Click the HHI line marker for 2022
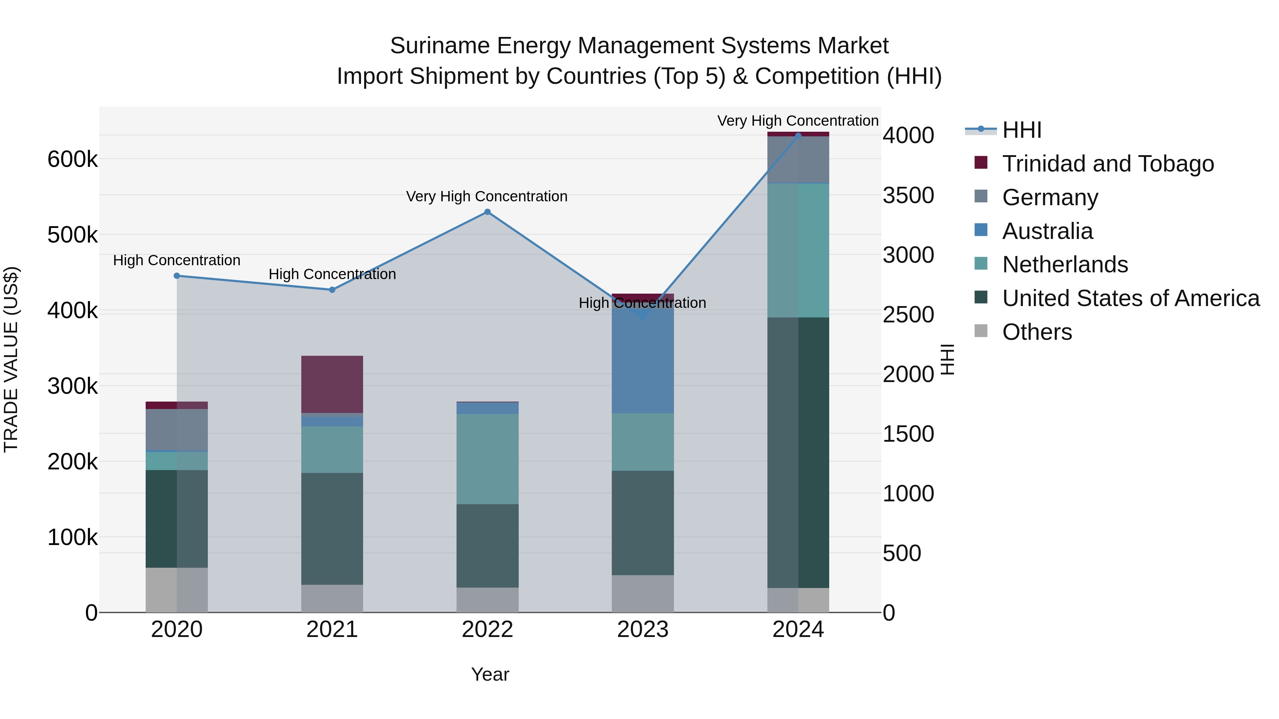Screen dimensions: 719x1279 click(x=487, y=212)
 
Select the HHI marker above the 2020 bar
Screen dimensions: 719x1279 click(x=177, y=276)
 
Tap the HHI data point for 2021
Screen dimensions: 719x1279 click(x=332, y=290)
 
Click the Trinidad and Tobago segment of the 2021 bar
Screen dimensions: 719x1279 click(x=332, y=384)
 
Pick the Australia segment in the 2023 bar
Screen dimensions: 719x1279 click(x=642, y=362)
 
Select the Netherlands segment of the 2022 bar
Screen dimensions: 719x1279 click(x=487, y=459)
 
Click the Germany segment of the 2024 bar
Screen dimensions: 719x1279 click(x=798, y=160)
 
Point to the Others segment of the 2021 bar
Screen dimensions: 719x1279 click(x=332, y=598)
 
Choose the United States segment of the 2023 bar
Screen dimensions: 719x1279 click(x=642, y=523)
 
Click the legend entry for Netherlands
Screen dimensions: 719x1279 click(x=1064, y=265)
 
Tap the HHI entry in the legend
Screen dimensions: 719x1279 click(x=1021, y=130)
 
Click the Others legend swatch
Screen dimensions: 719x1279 click(x=981, y=331)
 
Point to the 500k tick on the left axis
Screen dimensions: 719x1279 click(x=72, y=235)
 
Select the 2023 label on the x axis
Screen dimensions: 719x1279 click(x=642, y=630)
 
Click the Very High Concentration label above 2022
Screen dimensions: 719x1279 click(x=487, y=196)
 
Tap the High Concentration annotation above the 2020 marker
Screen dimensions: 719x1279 click(x=177, y=261)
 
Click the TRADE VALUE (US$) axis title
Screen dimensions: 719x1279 click(x=11, y=359)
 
